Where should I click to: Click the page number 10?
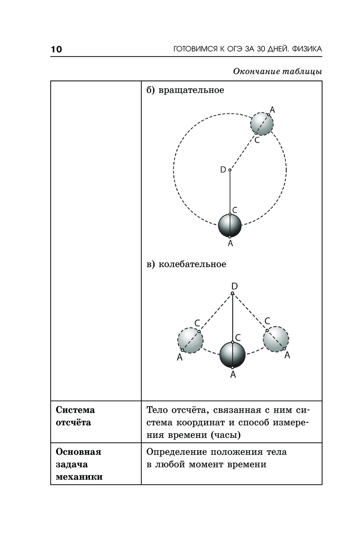(x=57, y=49)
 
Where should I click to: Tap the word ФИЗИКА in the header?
(x=307, y=49)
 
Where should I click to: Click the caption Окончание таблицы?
(x=277, y=71)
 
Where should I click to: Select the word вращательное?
(x=191, y=90)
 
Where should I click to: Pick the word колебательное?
(x=192, y=264)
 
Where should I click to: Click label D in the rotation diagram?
(x=223, y=170)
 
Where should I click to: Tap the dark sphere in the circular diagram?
(x=230, y=225)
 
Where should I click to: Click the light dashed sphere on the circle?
(x=262, y=124)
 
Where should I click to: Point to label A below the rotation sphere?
(x=230, y=243)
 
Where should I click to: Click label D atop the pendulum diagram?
(x=234, y=286)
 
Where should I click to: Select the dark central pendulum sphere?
(x=233, y=355)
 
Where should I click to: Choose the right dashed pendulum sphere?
(x=276, y=339)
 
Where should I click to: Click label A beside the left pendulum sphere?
(x=180, y=358)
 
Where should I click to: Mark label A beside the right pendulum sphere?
(x=287, y=355)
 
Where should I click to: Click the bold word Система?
(x=75, y=410)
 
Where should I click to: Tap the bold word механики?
(x=79, y=477)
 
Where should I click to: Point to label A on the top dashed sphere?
(x=272, y=109)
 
